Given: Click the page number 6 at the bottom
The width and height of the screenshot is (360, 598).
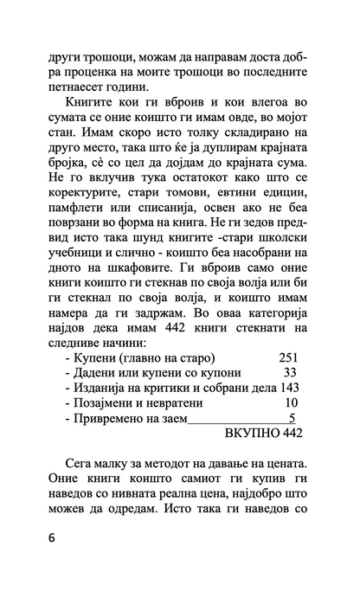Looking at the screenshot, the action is [x=52, y=537].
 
